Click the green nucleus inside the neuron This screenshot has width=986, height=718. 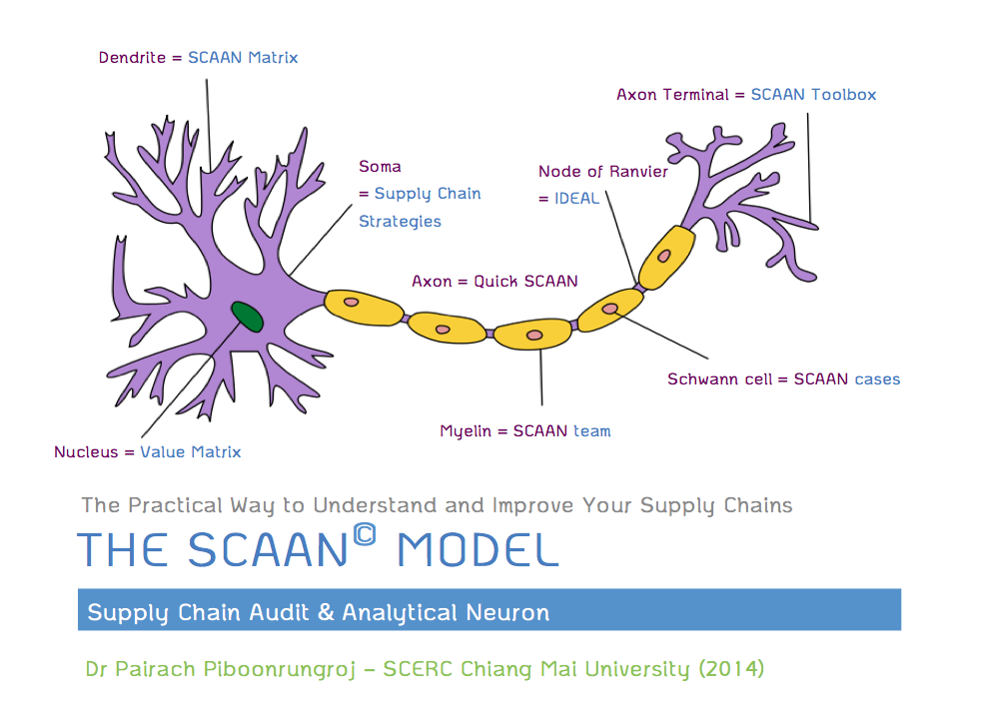tap(248, 317)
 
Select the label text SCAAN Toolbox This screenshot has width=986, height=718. tap(813, 95)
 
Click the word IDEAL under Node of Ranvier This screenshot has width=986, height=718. tap(576, 198)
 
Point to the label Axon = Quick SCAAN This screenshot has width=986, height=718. tap(494, 282)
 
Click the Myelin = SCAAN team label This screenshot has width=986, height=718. tap(524, 431)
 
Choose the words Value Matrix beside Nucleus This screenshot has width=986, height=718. tap(190, 452)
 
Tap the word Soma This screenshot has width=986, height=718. tap(380, 167)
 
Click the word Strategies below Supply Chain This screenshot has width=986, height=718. tap(400, 222)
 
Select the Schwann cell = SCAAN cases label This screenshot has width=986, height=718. tap(783, 379)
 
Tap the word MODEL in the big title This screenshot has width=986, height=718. tap(477, 550)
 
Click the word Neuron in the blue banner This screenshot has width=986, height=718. tap(509, 611)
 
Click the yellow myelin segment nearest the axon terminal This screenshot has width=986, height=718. tap(665, 256)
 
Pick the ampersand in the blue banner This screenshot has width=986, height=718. tap(325, 611)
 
